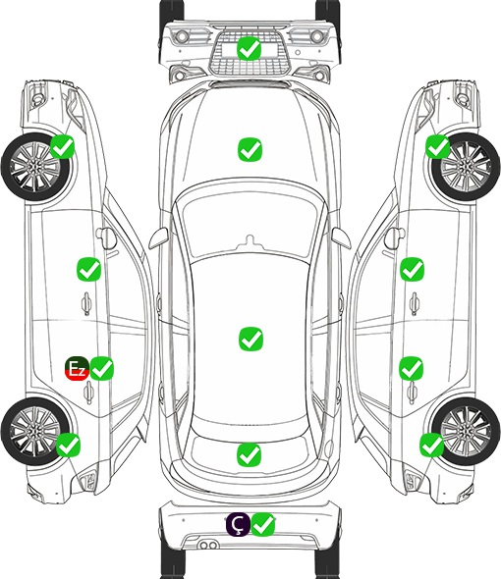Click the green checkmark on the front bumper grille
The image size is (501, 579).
click(x=250, y=48)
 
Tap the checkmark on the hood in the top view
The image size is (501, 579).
click(x=250, y=149)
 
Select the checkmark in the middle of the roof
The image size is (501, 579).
click(x=251, y=339)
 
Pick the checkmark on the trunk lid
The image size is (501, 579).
click(x=249, y=454)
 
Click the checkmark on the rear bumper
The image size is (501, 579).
click(x=263, y=524)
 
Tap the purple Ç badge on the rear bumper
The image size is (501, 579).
click(x=238, y=524)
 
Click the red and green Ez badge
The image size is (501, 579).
click(x=78, y=368)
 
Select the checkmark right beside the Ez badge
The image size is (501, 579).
click(x=102, y=368)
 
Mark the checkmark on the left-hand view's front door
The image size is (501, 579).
click(x=88, y=269)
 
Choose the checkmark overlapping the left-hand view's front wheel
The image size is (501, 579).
click(x=63, y=146)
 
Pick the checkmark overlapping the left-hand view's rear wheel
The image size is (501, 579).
click(x=69, y=445)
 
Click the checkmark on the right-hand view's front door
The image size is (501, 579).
click(x=413, y=269)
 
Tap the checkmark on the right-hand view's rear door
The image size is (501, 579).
click(x=412, y=368)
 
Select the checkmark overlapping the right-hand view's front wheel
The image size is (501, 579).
click(x=438, y=146)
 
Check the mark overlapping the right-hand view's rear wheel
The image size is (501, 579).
click(x=432, y=445)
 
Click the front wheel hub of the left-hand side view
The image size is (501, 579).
click(x=34, y=168)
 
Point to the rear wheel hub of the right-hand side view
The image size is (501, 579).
click(x=466, y=431)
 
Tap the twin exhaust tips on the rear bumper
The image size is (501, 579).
click(x=208, y=546)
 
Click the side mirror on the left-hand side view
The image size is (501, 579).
click(x=106, y=237)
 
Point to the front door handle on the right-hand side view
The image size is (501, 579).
click(x=415, y=303)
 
